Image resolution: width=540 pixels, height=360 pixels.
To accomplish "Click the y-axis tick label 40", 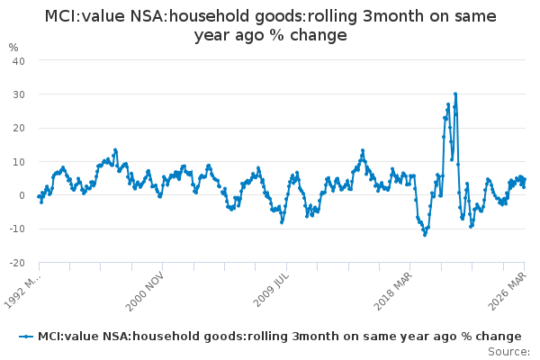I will pyautogui.click(x=18, y=60).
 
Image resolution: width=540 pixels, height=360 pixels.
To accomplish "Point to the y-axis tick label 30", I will pyautogui.click(x=18, y=94).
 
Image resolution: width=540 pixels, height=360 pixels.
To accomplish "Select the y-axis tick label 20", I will pyautogui.click(x=18, y=128).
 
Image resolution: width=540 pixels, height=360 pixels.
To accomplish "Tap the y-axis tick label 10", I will pyautogui.click(x=18, y=162).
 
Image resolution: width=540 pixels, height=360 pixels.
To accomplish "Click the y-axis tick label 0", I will pyautogui.click(x=22, y=195).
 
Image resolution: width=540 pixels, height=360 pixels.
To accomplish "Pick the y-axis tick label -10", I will pyautogui.click(x=16, y=229).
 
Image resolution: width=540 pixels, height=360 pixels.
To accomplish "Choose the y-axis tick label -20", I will pyautogui.click(x=16, y=263).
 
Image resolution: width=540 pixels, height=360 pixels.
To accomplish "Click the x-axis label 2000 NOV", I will pyautogui.click(x=145, y=290).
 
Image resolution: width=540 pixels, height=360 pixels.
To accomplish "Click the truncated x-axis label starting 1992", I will pyautogui.click(x=22, y=290).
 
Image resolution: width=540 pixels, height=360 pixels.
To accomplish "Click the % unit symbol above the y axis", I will pyautogui.click(x=13, y=47).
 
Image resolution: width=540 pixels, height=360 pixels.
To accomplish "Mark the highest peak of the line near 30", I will pyautogui.click(x=455, y=94).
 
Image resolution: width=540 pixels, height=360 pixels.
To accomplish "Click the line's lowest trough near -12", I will pyautogui.click(x=425, y=235).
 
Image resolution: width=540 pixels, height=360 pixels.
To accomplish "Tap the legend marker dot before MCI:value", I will pyautogui.click(x=26, y=336).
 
